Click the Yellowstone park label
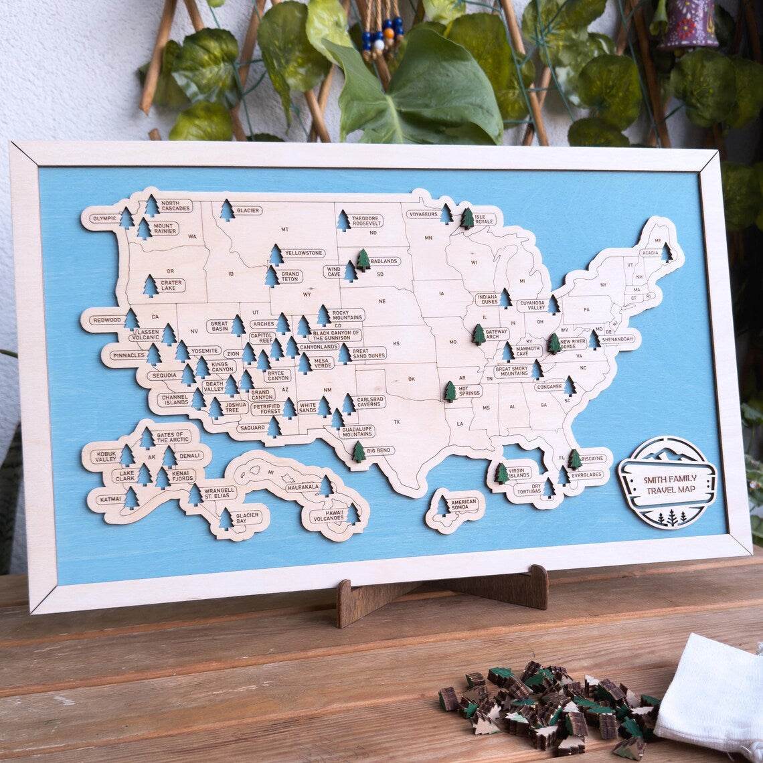(x=304, y=254)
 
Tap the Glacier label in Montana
(x=248, y=210)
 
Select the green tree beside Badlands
(x=363, y=260)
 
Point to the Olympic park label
(x=104, y=218)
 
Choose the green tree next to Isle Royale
(x=467, y=218)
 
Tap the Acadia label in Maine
(x=650, y=254)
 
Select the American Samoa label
(x=463, y=505)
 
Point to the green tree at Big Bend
(x=359, y=452)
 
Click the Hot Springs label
(x=469, y=390)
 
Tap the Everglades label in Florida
(x=586, y=475)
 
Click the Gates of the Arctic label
(x=172, y=436)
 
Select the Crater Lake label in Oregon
(x=171, y=285)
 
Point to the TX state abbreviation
(x=396, y=422)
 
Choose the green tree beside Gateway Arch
(x=479, y=334)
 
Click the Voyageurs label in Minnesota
(x=422, y=214)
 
